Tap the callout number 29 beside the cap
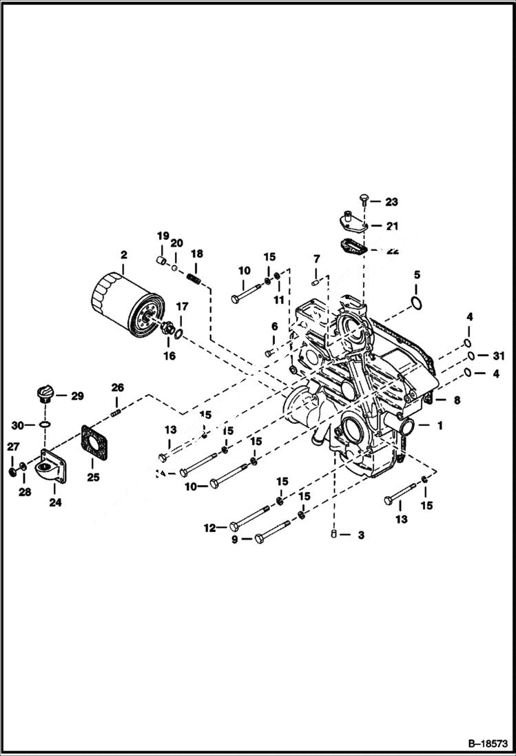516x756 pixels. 77,396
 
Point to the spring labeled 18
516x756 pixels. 194,279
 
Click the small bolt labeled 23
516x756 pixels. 365,201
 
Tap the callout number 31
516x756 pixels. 499,356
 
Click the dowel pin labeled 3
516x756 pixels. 334,534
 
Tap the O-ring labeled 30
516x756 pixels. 45,425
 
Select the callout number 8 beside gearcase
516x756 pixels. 456,400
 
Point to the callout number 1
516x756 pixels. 438,425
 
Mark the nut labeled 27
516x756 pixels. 13,471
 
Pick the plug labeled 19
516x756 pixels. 161,260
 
